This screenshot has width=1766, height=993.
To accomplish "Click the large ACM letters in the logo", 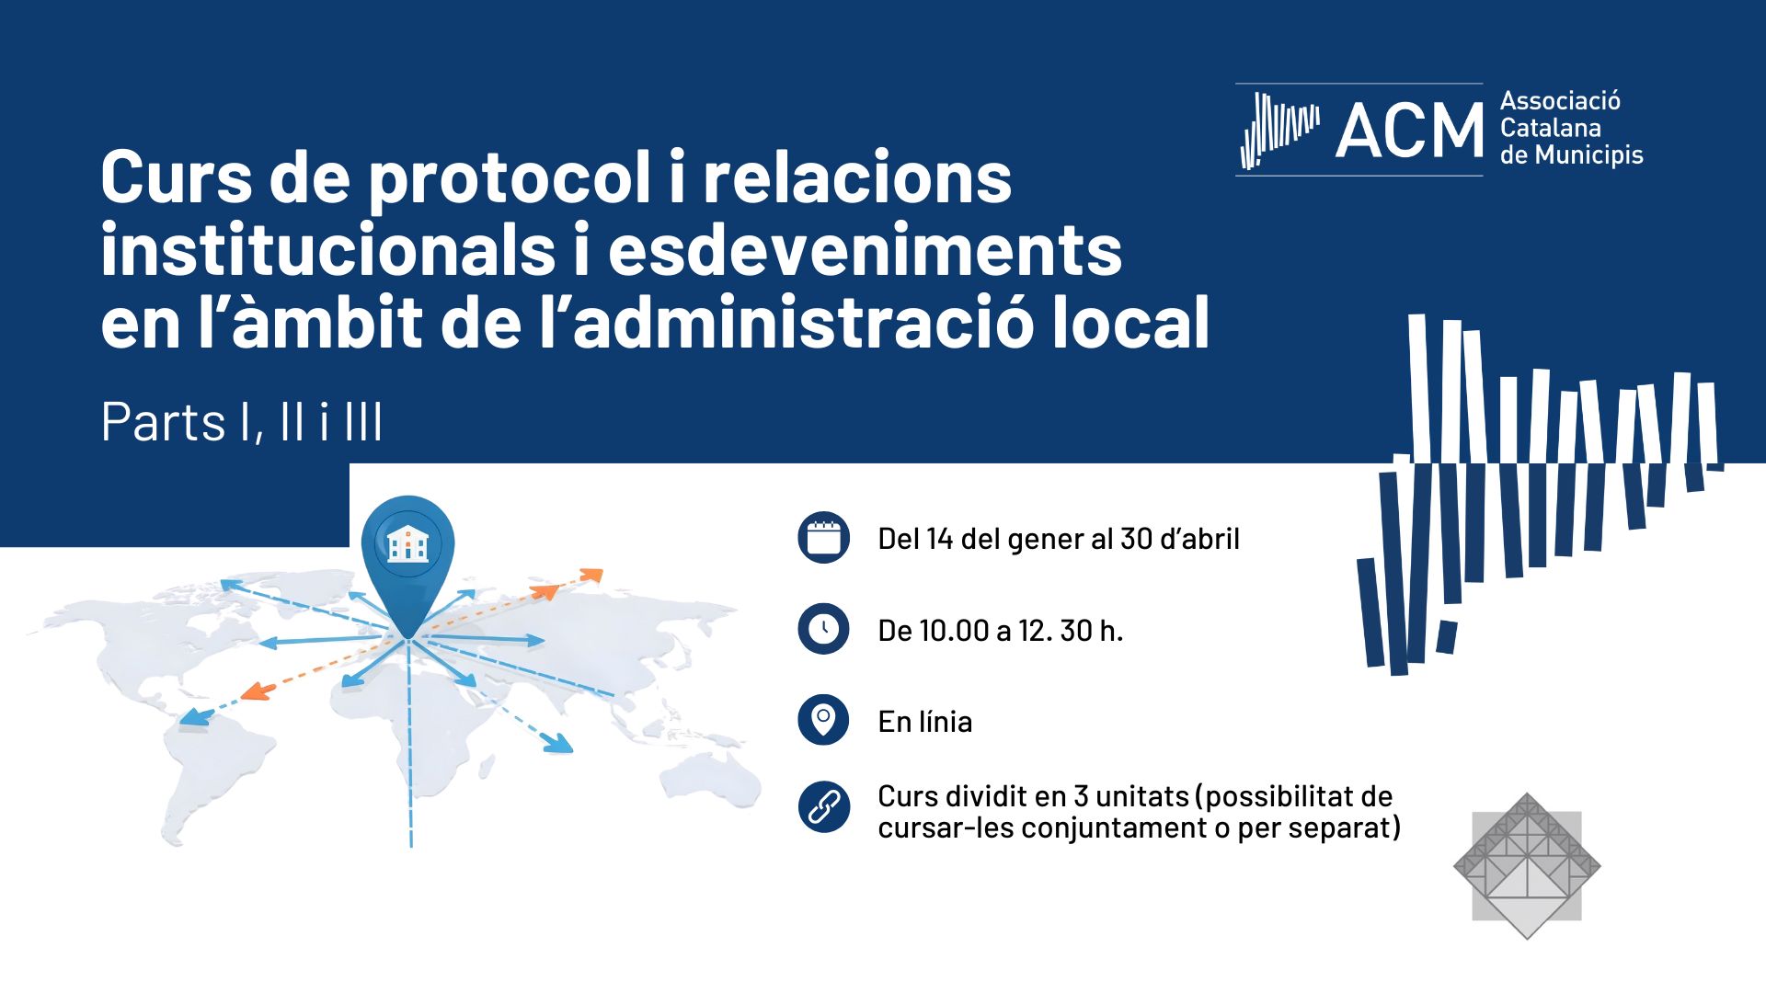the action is point(1409,131).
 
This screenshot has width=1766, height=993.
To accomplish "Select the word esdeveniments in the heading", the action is point(865,250).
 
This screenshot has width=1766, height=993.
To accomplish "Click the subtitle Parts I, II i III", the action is point(242,422).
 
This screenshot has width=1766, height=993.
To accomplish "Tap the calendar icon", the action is point(823,537).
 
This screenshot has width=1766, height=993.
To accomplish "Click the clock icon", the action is point(823,629).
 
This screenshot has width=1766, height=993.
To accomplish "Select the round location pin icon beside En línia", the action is point(823,720).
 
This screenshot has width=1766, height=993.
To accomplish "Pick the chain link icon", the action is point(823,807).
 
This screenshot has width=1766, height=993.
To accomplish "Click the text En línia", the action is point(924,722).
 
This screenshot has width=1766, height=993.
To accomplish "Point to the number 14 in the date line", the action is point(939,539).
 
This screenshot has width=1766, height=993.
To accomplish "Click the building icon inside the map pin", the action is point(407,543).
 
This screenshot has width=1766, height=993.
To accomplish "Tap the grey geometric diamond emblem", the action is point(1527,866).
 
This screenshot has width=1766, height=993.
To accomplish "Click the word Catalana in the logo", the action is point(1551,128).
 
